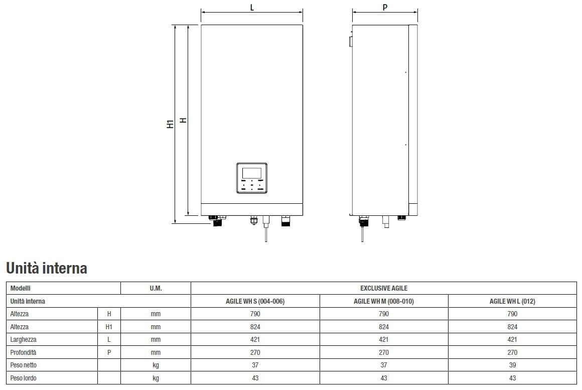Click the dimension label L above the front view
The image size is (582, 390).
tap(252, 7)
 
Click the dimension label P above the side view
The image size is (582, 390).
tap(385, 7)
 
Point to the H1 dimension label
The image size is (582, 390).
tap(170, 124)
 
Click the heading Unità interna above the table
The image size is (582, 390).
tap(47, 268)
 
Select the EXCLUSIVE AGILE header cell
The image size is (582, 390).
tap(384, 288)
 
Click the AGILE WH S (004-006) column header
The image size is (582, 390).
tap(255, 301)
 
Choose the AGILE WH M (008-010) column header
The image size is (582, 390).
tap(384, 301)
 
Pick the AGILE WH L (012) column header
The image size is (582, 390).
tap(512, 301)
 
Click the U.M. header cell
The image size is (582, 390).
tap(156, 288)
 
